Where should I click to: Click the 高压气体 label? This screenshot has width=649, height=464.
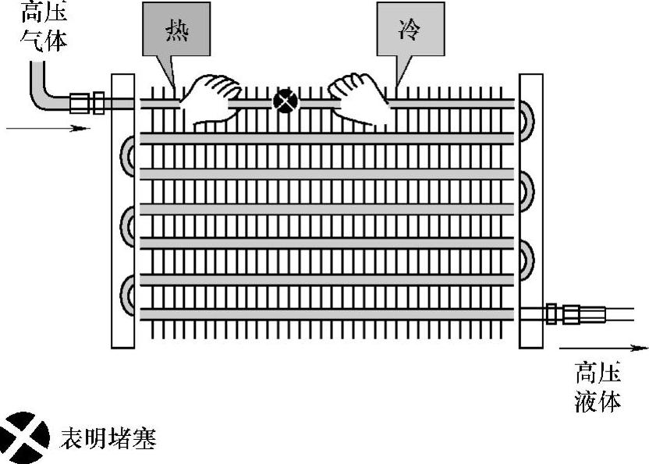click(x=44, y=25)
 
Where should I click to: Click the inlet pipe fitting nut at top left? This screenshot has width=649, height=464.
click(x=86, y=102)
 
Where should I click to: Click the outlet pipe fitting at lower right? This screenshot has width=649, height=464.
click(x=573, y=314)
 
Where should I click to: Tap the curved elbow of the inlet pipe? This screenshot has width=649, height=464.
click(x=41, y=92)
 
